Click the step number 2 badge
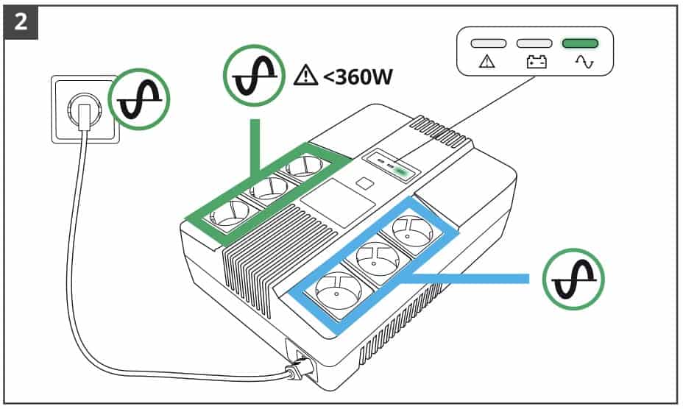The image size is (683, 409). (21, 21)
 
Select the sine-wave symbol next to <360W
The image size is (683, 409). (254, 74)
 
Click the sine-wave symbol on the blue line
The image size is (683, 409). (573, 279)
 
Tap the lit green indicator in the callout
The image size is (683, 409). (580, 43)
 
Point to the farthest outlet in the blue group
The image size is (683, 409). (415, 230)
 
